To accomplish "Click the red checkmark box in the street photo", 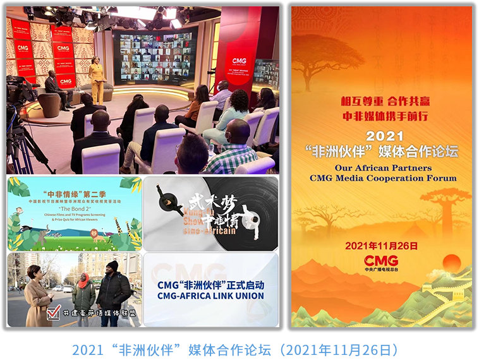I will coord(54,311).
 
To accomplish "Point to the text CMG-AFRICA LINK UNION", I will coord(210,296).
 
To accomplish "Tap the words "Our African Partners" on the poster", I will coord(383,168).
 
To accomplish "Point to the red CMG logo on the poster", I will coord(381,261).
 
